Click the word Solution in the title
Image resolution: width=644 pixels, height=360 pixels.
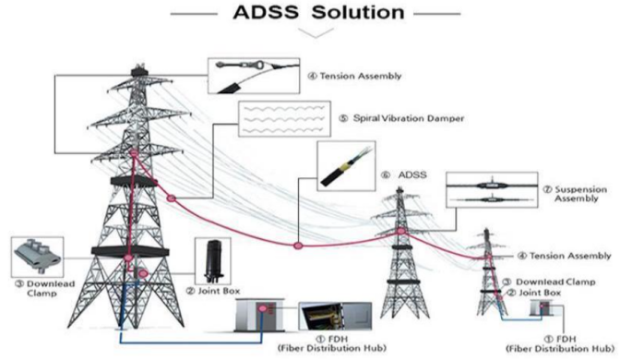click(x=358, y=12)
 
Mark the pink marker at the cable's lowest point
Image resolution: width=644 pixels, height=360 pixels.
click(x=297, y=246)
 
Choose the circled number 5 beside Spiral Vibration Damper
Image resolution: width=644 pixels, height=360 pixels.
click(x=342, y=118)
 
